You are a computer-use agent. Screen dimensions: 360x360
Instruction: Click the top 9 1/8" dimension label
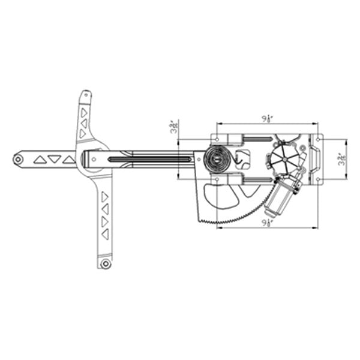[x=268, y=119]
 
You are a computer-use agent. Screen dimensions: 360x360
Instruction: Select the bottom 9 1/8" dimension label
[x=268, y=223]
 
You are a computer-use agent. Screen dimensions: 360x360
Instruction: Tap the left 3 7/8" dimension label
[x=174, y=127]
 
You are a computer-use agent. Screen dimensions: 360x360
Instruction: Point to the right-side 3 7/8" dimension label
[x=342, y=160]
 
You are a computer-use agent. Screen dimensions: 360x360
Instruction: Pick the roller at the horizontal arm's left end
[x=19, y=159]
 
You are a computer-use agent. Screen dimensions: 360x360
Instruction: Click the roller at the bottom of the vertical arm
[x=106, y=264]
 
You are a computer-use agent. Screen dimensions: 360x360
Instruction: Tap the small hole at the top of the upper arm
[x=85, y=94]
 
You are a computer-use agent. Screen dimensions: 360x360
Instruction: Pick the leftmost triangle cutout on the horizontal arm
[x=40, y=160]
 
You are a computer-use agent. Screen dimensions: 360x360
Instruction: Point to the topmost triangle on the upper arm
[x=84, y=112]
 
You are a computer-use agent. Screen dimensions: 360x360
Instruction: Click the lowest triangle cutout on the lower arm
[x=106, y=235]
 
